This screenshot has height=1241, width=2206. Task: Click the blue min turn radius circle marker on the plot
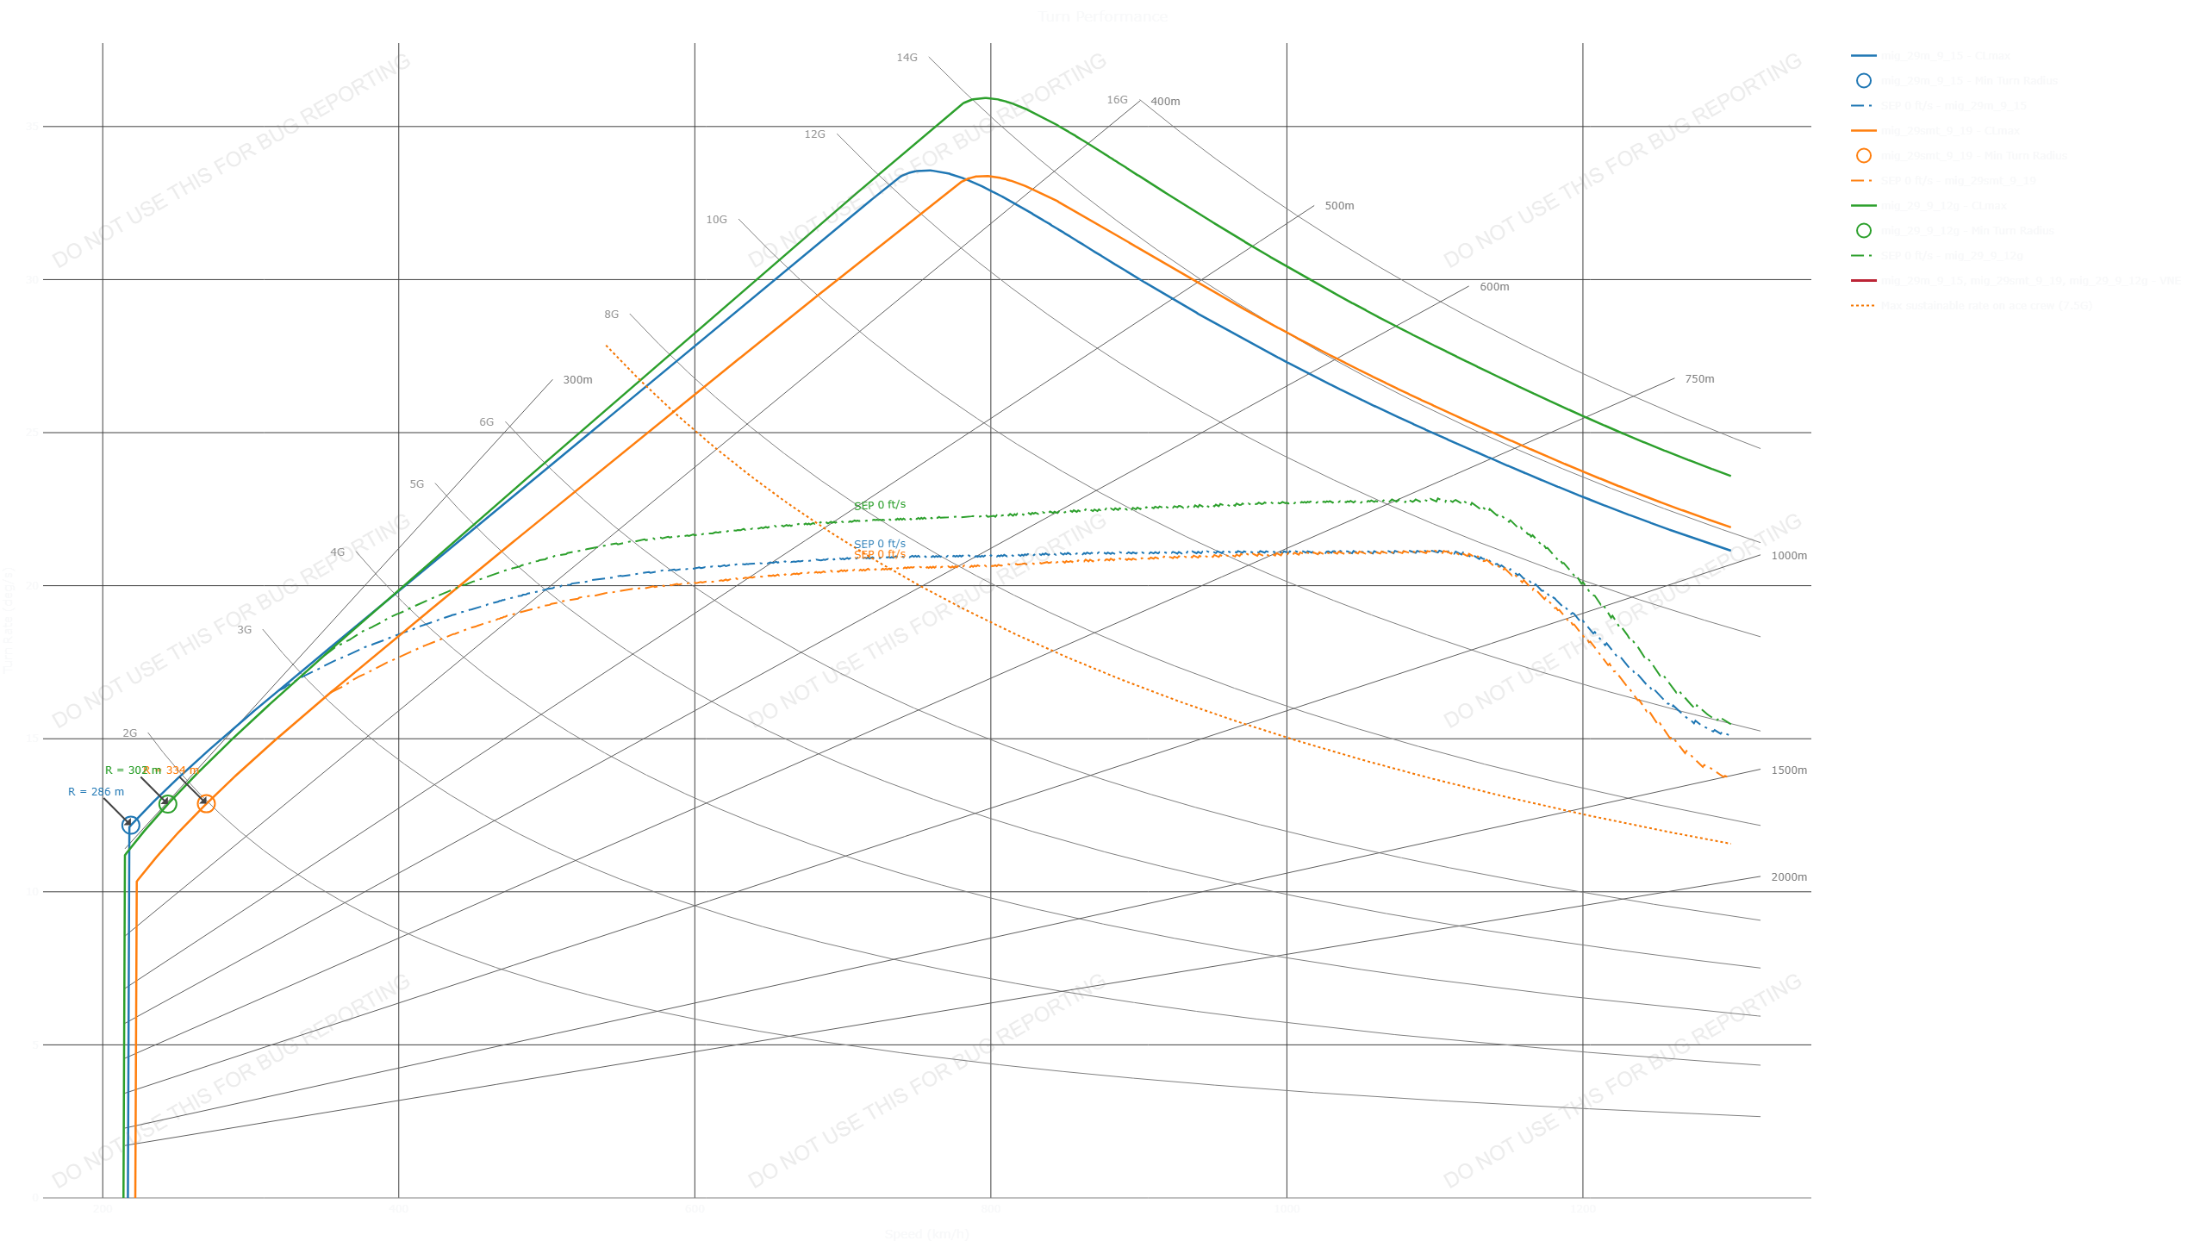tap(130, 825)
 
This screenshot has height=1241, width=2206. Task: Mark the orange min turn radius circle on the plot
tap(206, 803)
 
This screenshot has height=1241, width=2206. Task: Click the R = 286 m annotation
tap(96, 792)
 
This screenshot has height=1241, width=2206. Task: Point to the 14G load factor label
tap(907, 58)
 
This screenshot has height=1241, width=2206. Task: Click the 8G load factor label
tap(611, 315)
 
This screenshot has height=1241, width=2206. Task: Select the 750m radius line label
tap(1699, 379)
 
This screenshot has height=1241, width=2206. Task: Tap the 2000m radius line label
tap(1789, 877)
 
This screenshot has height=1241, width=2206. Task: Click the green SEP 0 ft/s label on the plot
tap(880, 505)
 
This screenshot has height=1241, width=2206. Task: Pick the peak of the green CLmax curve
tap(985, 98)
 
